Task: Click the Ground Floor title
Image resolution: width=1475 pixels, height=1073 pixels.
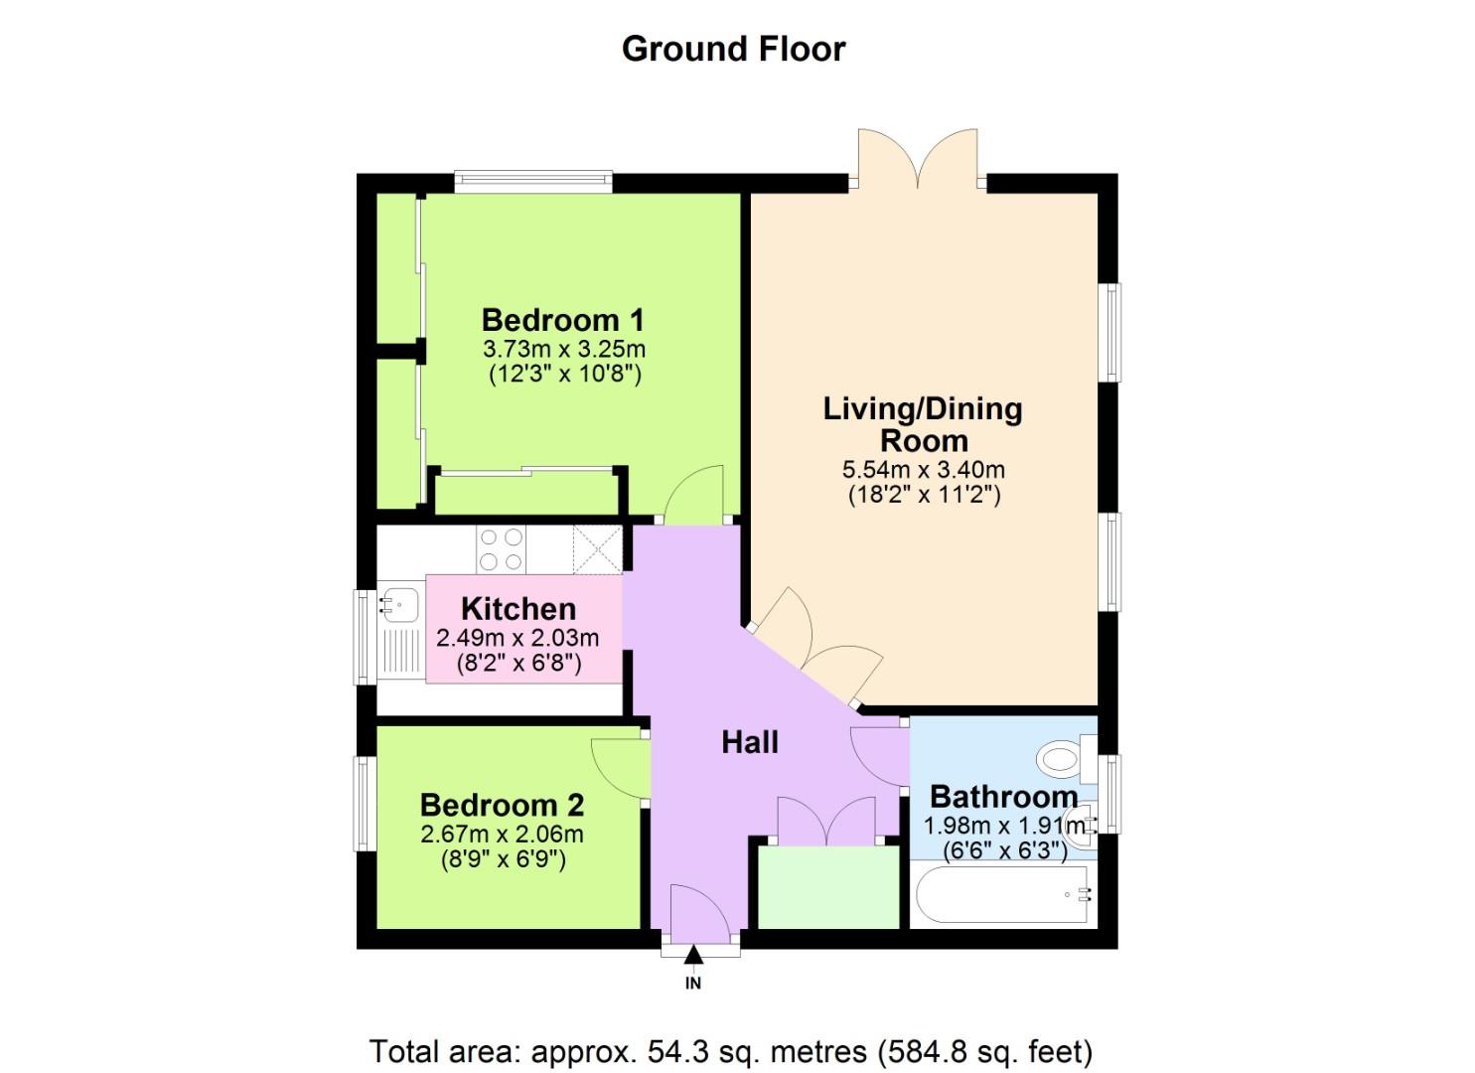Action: (x=733, y=49)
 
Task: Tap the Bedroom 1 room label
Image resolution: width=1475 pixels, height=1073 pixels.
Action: (x=562, y=320)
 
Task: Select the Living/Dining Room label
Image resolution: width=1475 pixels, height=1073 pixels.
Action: (x=923, y=424)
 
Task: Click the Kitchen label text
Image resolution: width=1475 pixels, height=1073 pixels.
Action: (x=517, y=608)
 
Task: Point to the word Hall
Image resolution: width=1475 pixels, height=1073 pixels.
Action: (x=749, y=742)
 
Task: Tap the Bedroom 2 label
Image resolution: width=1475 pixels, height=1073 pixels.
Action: (x=502, y=804)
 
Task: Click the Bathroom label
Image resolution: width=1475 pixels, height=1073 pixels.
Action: (x=1003, y=797)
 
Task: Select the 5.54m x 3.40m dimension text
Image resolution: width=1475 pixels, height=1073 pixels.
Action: (x=923, y=470)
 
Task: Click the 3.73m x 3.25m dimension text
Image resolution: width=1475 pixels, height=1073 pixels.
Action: (x=563, y=349)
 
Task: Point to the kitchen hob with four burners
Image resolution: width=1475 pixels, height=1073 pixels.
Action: (x=501, y=549)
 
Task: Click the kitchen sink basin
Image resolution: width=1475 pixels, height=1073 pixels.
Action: (x=400, y=603)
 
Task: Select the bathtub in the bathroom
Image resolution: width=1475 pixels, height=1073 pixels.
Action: (x=1004, y=895)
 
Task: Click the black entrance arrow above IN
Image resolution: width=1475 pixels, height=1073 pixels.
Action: (x=693, y=956)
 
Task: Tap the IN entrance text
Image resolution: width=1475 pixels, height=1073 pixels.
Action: (x=693, y=984)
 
